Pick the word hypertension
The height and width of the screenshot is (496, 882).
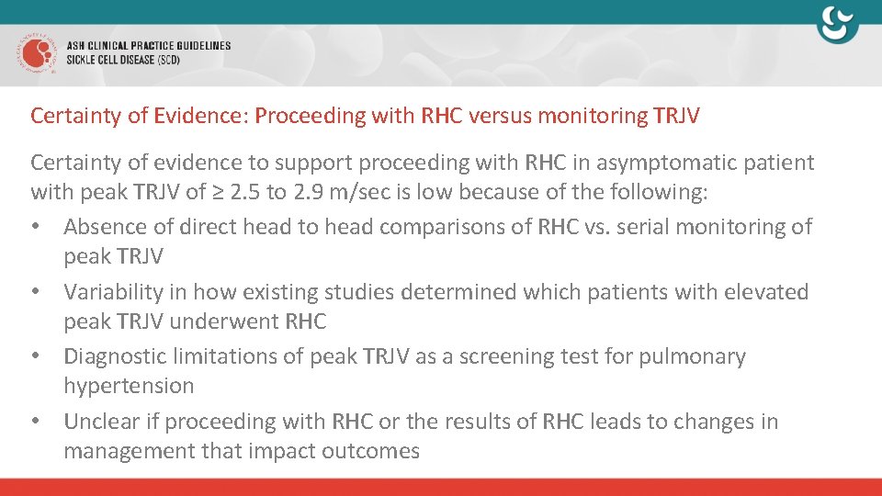pos(129,386)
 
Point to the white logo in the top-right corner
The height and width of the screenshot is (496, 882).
pos(838,25)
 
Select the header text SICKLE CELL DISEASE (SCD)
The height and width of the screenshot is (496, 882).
pos(123,61)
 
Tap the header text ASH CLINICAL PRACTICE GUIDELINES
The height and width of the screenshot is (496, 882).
pos(149,46)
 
